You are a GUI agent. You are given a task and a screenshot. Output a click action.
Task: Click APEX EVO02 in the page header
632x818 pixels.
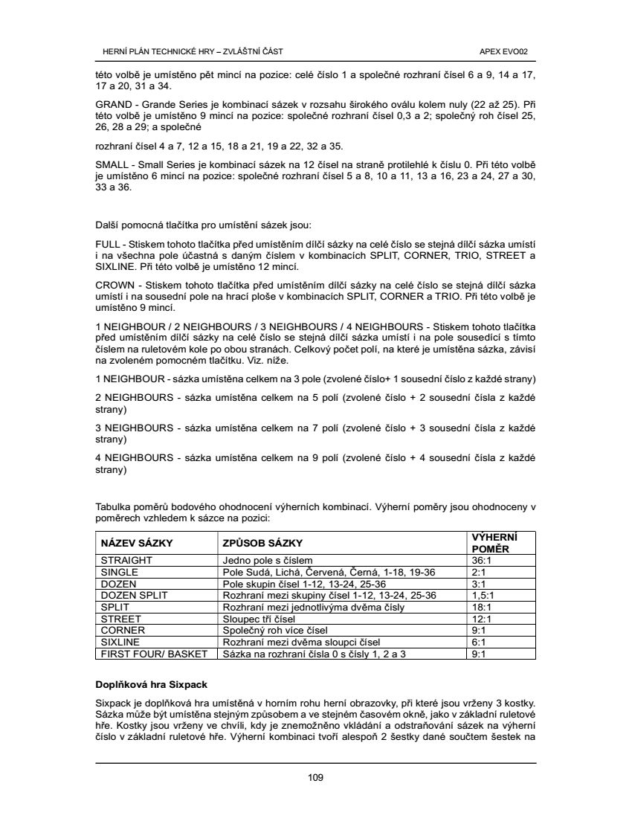pyautogui.click(x=505, y=51)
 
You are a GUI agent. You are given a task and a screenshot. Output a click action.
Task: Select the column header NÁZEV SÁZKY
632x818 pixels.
pyautogui.click(x=132, y=543)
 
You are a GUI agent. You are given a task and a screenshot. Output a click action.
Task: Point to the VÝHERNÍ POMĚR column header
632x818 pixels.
pyautogui.click(x=494, y=543)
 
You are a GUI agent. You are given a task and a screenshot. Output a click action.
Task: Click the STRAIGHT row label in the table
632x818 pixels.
pyautogui.click(x=126, y=560)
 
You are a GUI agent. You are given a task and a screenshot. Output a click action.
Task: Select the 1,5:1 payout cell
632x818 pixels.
pyautogui.click(x=484, y=595)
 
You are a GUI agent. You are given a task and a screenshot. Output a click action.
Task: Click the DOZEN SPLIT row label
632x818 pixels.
pyautogui.click(x=135, y=595)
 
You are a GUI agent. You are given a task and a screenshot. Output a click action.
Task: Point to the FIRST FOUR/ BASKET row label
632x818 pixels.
pyautogui.click(x=153, y=654)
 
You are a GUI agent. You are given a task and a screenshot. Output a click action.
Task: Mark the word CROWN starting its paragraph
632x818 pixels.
pyautogui.click(x=113, y=286)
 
